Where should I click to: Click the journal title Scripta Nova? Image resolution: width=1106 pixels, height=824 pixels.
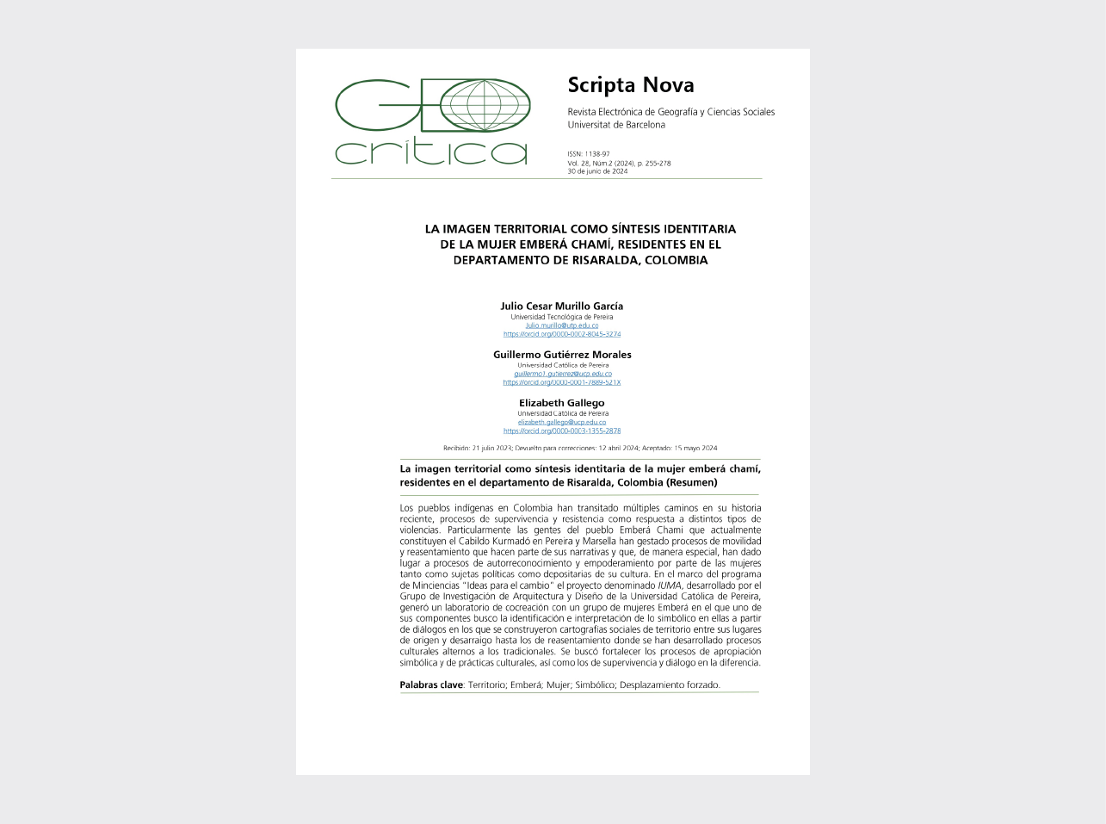click(630, 84)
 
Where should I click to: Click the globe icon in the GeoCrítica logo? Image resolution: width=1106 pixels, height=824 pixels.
click(485, 105)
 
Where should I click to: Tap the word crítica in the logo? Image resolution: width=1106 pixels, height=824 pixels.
click(430, 151)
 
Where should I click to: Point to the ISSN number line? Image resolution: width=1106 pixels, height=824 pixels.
click(589, 154)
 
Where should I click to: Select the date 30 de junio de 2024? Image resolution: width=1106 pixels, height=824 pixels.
click(597, 171)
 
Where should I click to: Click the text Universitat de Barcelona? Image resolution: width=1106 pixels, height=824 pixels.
click(616, 125)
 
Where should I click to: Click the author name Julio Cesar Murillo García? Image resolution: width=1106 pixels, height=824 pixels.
click(562, 306)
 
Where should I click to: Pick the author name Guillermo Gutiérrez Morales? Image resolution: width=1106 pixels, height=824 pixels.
click(562, 354)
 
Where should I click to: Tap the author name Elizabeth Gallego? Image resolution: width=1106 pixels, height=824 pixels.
click(562, 402)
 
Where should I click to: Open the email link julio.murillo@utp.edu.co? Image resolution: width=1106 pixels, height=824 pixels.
click(562, 325)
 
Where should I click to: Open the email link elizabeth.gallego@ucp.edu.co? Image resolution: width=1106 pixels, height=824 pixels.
click(562, 422)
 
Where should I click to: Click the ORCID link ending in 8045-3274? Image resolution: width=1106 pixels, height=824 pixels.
click(562, 334)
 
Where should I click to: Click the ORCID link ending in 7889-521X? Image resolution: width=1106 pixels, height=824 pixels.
click(562, 382)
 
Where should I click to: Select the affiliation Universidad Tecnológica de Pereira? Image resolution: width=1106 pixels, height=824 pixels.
click(562, 317)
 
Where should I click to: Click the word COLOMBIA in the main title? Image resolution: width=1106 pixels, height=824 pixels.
click(676, 260)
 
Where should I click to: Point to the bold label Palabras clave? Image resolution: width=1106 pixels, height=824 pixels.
click(431, 685)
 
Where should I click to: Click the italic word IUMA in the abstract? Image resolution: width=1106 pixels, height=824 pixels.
click(670, 585)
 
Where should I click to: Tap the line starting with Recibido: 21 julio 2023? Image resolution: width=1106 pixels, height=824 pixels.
click(580, 448)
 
